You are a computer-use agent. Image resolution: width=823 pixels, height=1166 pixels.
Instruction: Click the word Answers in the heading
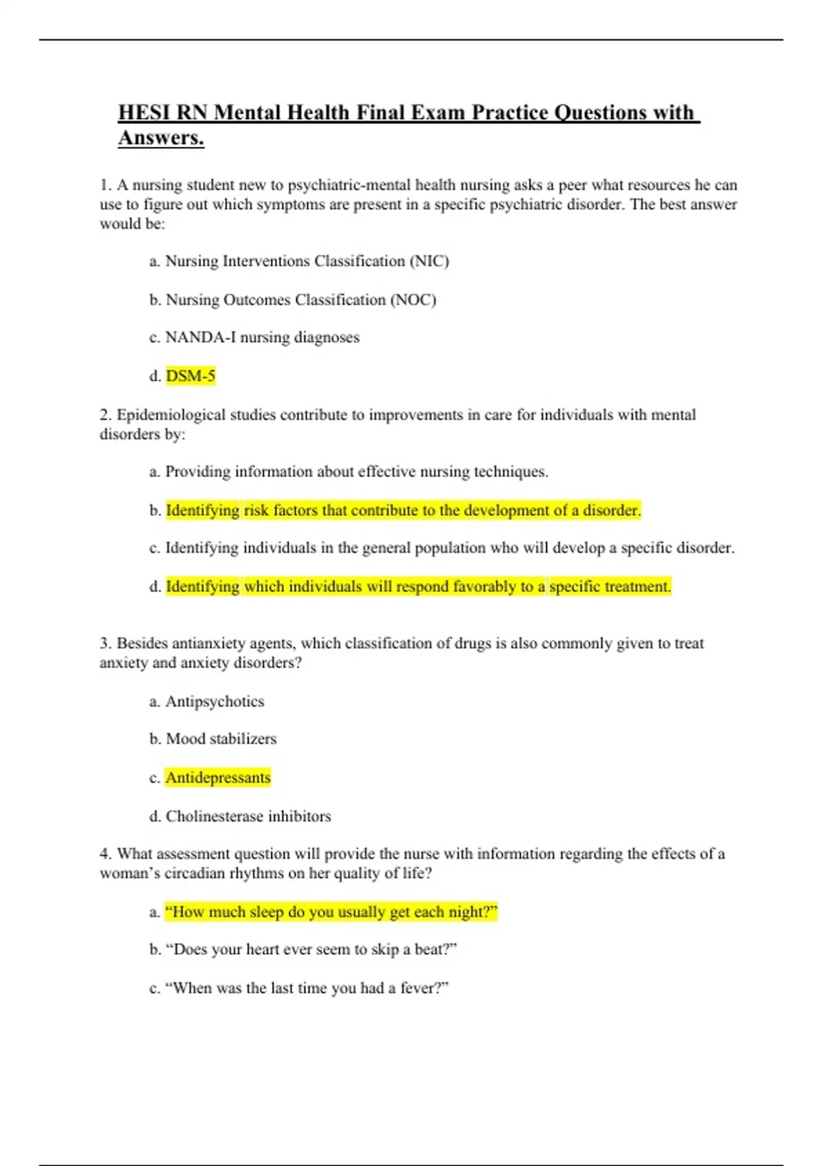coord(160,138)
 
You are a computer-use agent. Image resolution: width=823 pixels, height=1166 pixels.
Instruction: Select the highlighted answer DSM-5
coord(191,376)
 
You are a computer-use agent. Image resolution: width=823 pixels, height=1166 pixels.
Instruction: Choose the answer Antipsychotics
coord(215,702)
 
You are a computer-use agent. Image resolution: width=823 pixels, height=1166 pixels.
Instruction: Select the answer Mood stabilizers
coord(221,739)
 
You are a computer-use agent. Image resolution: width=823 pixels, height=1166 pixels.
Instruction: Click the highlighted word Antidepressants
coord(218,778)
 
